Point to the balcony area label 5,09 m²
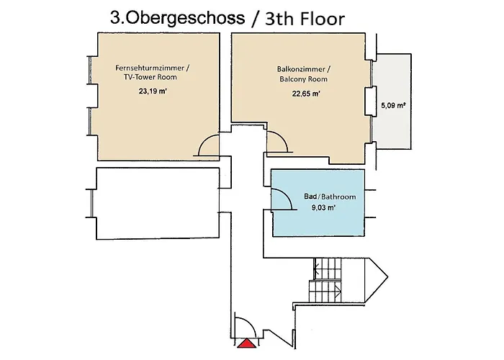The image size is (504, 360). [392, 105]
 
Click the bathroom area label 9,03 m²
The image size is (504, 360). [324, 207]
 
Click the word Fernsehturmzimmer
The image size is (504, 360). [153, 68]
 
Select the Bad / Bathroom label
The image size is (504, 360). [330, 196]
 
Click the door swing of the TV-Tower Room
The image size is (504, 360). [209, 146]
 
